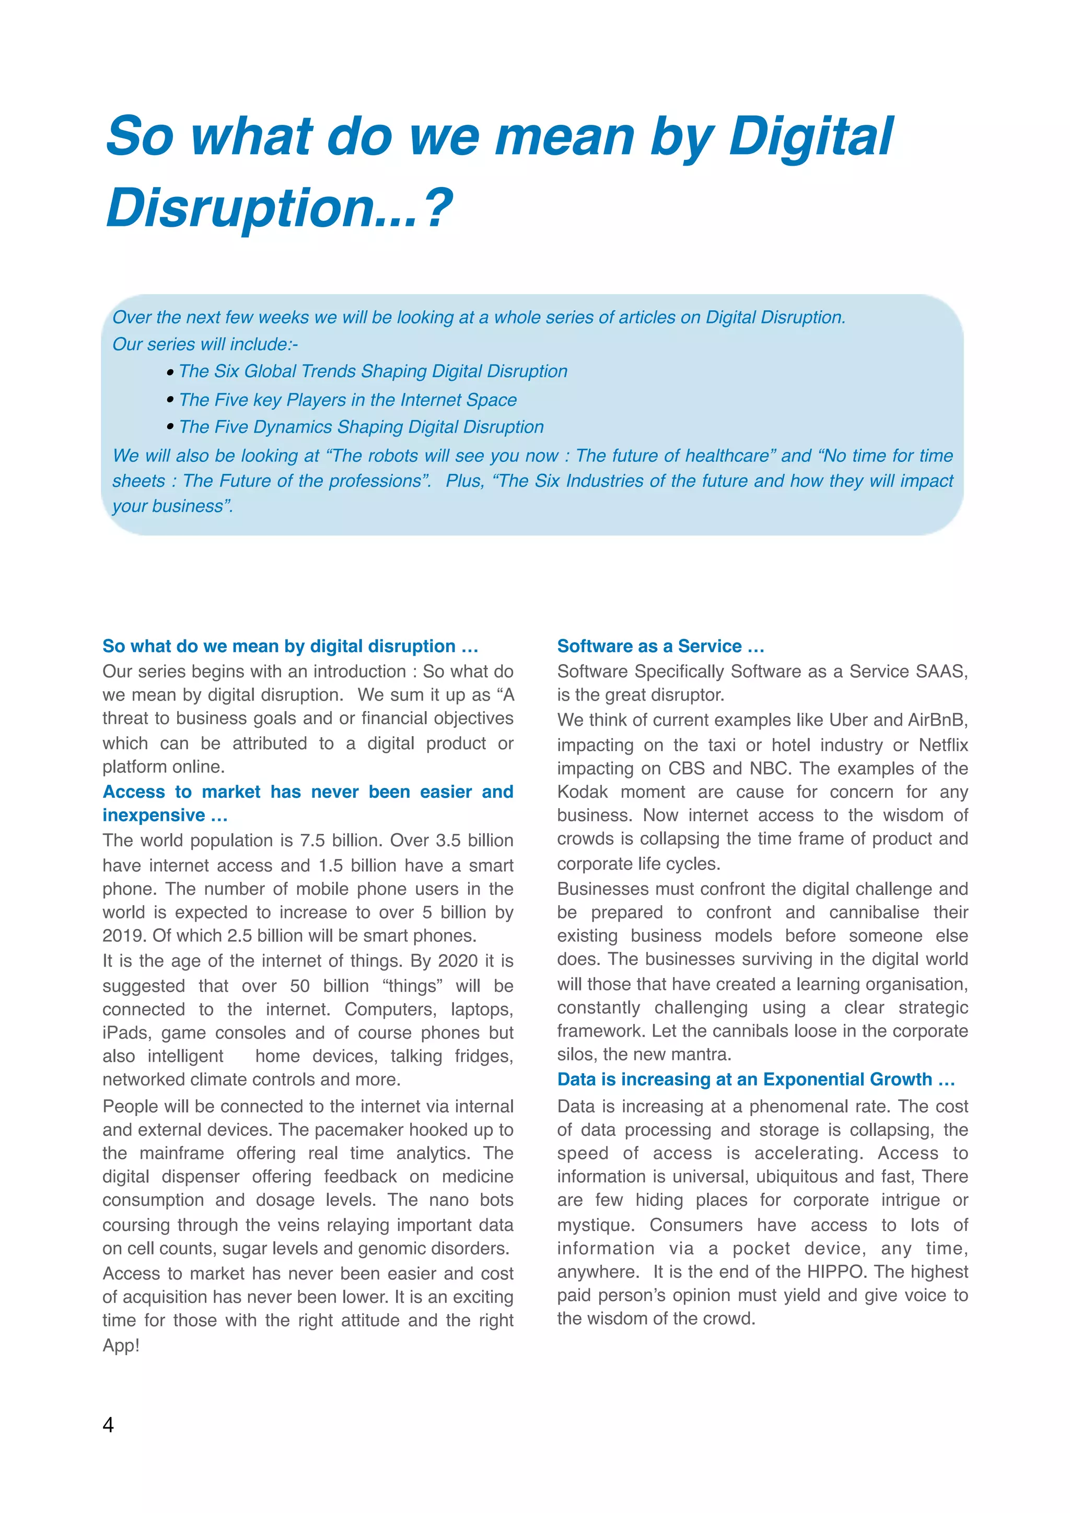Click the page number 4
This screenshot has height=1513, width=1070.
[108, 1425]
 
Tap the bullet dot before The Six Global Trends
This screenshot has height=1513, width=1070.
[170, 373]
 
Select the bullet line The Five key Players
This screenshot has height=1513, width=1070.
[347, 400]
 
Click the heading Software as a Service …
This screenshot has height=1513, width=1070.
[660, 646]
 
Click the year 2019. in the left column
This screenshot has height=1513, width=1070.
[124, 936]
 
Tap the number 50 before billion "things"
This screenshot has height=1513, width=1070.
[299, 986]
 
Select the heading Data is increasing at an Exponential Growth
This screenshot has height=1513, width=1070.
[755, 1079]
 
